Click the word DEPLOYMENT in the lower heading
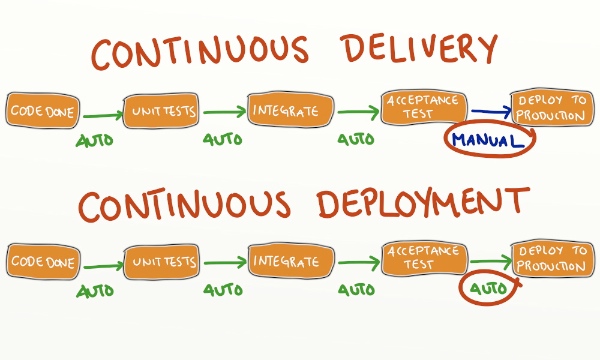tap(409, 206)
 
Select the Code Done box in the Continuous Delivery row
tap(42, 111)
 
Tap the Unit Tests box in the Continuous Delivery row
tap(160, 110)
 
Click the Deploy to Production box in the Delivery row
tap(551, 106)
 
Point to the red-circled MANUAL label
tap(487, 141)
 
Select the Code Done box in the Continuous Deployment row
tap(42, 262)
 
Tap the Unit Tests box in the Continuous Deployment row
tap(160, 262)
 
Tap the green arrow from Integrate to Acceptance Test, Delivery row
tap(354, 113)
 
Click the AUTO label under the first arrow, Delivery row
tap(95, 140)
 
